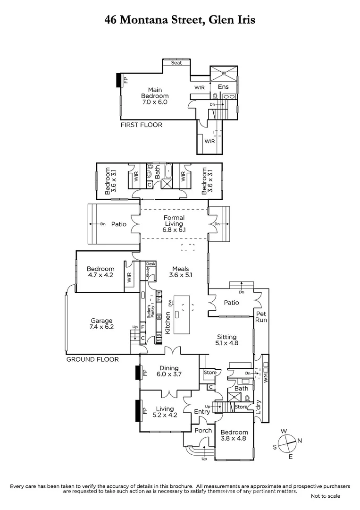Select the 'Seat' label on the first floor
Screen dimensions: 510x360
[176, 63]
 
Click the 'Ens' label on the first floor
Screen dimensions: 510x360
[223, 87]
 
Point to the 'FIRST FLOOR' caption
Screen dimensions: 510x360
[142, 125]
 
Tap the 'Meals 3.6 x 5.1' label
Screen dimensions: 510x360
[180, 272]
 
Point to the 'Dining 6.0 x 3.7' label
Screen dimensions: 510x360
[168, 371]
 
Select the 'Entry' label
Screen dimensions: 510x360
[202, 412]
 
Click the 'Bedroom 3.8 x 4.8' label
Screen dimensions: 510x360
[234, 435]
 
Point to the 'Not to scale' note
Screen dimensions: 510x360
[325, 496]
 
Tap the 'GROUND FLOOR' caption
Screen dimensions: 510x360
[92, 359]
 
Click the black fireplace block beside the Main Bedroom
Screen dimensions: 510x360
[118, 81]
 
